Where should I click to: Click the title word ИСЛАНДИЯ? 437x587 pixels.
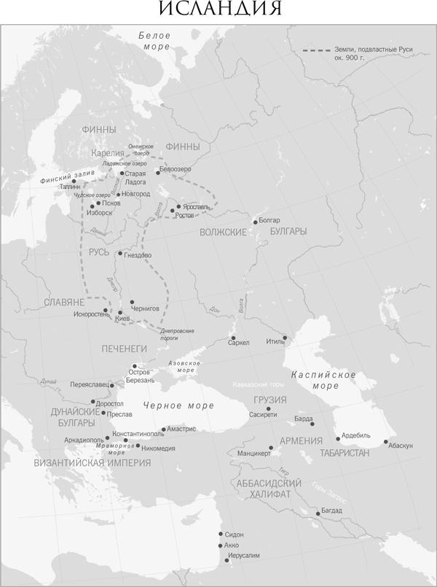click(219, 9)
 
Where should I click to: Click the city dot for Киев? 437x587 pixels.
click(119, 312)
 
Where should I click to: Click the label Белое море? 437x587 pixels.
click(154, 41)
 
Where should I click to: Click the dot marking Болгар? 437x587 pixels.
click(255, 222)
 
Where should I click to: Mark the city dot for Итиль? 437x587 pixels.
click(285, 338)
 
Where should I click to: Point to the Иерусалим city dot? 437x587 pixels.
click(221, 556)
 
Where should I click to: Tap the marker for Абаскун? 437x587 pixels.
click(385, 440)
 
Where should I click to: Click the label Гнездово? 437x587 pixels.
click(138, 255)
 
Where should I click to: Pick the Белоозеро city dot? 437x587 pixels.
click(158, 172)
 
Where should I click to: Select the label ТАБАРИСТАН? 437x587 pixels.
click(344, 453)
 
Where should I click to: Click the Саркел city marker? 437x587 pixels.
click(232, 338)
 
